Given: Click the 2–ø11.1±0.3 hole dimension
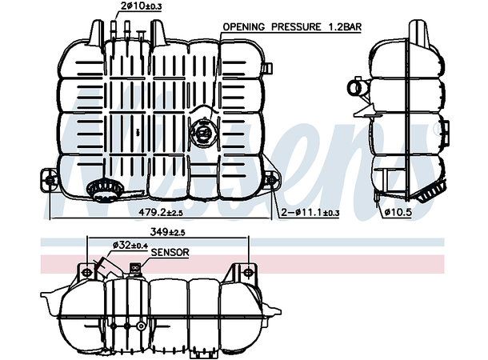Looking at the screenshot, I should pyautogui.click(x=310, y=213).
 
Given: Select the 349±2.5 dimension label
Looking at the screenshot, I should pyautogui.click(x=168, y=233).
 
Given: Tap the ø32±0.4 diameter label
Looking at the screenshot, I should pyautogui.click(x=129, y=244).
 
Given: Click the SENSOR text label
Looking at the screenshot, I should pyautogui.click(x=170, y=253).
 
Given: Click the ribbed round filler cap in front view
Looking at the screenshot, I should pyautogui.click(x=102, y=190).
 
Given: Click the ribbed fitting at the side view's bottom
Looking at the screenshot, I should pyautogui.click(x=430, y=192).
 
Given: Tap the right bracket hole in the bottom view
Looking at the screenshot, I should pyautogui.click(x=237, y=270).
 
